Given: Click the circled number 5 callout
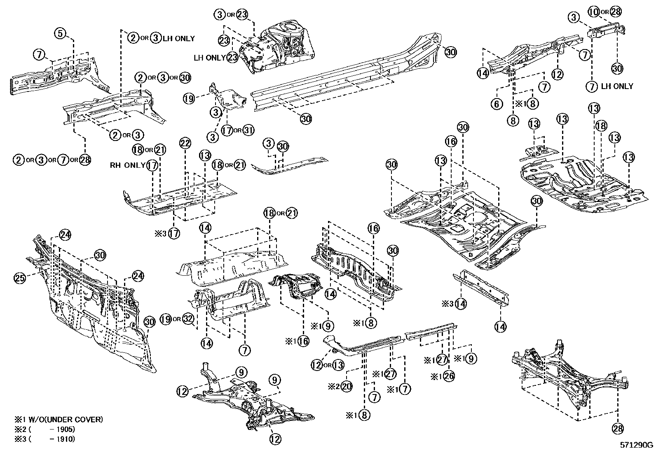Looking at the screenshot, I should (x=60, y=34).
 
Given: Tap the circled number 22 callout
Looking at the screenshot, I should (x=185, y=143).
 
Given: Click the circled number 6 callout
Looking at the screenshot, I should (x=497, y=104).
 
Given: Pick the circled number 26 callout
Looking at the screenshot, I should (x=449, y=376).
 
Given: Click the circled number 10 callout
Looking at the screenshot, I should (x=593, y=12).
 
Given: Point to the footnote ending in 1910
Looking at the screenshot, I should (x=45, y=439).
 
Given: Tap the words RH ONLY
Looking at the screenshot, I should (x=127, y=165).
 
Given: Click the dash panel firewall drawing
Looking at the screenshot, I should (x=95, y=305).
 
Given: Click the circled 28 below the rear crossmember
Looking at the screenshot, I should (x=618, y=429).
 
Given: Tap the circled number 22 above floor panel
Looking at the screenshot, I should (x=185, y=143).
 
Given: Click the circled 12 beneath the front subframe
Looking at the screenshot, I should (x=276, y=439).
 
